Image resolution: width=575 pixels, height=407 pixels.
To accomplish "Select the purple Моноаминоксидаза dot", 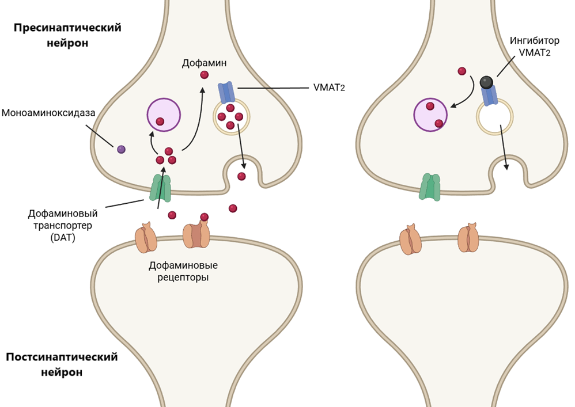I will pos(121,150).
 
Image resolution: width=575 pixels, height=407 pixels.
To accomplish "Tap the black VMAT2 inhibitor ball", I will pos(487,82).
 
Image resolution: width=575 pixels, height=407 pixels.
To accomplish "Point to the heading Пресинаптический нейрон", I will pos(67,36).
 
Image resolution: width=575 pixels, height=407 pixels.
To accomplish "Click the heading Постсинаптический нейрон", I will pos(62,364).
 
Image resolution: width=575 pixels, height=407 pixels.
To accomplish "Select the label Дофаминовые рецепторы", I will pos(183,272).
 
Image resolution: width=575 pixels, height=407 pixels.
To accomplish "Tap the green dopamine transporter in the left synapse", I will pos(161,188).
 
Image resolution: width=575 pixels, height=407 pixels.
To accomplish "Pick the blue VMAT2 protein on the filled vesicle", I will pos(225,93).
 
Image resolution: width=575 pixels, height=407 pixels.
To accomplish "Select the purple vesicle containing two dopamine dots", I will pos(431,114).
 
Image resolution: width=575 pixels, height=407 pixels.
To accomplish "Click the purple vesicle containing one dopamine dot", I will pos(164,114).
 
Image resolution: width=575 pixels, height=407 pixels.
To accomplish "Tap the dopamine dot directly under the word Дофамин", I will pos(204,75).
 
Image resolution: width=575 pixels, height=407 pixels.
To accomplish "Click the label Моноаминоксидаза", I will pos(48,112).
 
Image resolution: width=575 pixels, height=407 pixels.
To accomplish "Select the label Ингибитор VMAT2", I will pos(534,47).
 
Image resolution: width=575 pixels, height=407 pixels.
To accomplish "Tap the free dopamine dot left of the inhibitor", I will pos(461,71).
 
